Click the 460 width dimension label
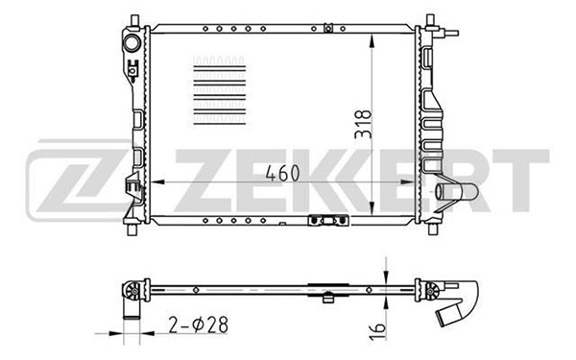[282, 173]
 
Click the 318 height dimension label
[363, 124]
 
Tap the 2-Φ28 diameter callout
[199, 324]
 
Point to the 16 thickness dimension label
[378, 331]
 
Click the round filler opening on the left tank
[132, 43]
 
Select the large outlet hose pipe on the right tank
[457, 192]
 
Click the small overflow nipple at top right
[451, 33]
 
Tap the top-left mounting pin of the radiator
[134, 20]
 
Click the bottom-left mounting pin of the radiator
[132, 228]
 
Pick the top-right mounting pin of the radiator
[430, 20]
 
